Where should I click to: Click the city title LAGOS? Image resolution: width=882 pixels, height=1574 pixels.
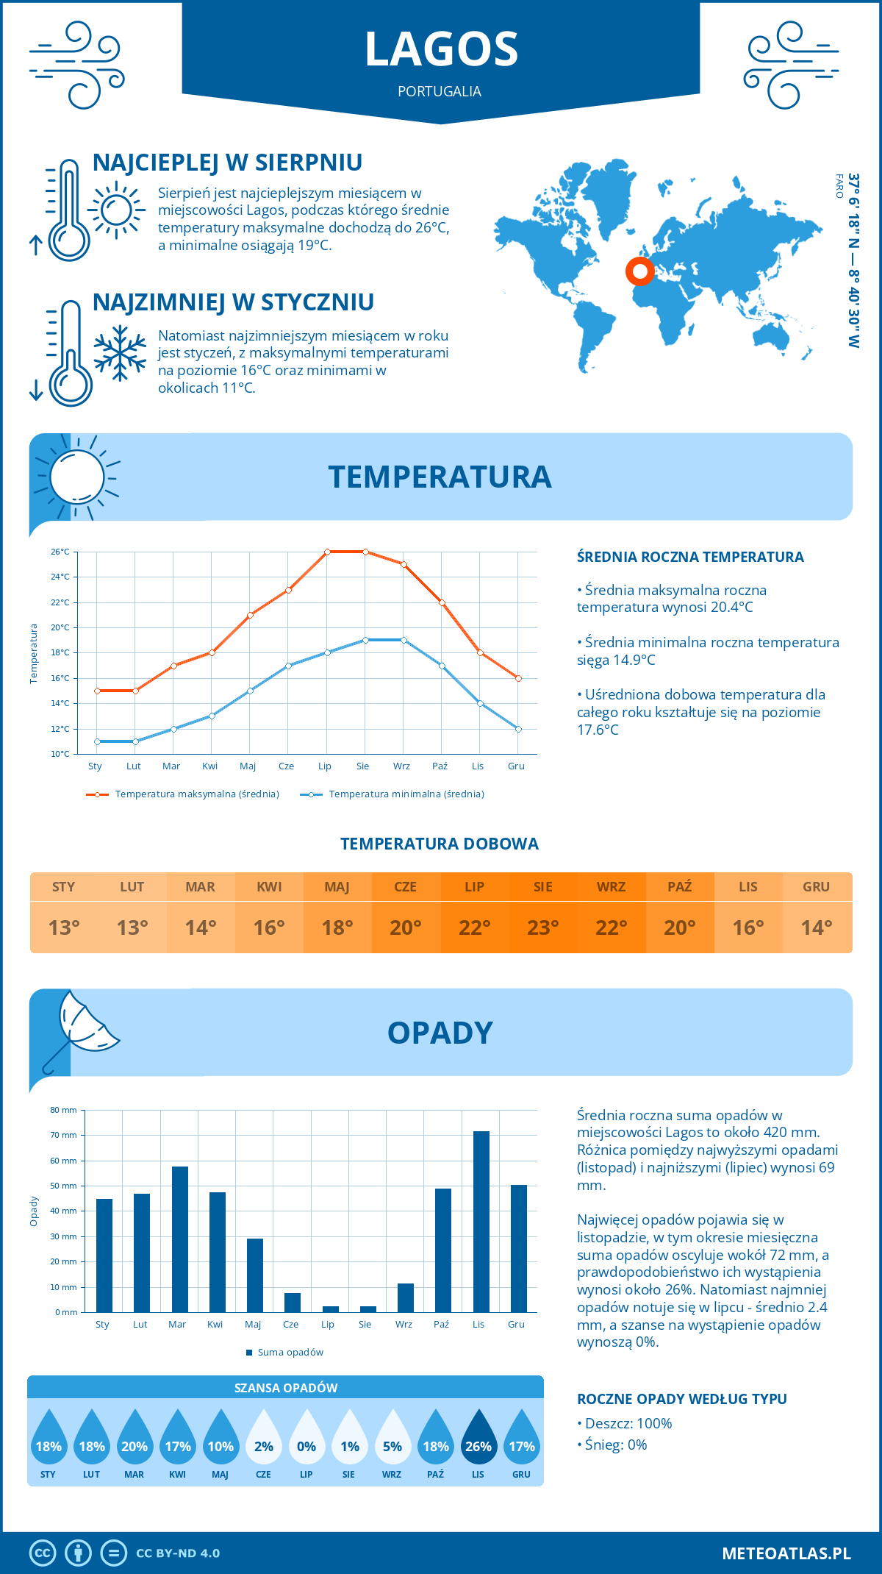[441, 49]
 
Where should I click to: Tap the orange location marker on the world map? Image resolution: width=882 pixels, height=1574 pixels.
[640, 271]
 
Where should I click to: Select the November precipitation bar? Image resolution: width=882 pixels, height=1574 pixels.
[481, 1222]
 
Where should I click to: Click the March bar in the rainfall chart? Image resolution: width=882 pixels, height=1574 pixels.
[179, 1239]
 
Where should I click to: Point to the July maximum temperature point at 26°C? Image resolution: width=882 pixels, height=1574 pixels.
[327, 552]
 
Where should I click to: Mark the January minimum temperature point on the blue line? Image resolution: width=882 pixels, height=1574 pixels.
[97, 741]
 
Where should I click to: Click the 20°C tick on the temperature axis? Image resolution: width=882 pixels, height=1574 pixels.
[60, 627]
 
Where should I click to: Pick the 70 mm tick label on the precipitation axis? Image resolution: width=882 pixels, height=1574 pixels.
[63, 1135]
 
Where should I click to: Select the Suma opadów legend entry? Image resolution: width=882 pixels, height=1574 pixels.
[290, 1353]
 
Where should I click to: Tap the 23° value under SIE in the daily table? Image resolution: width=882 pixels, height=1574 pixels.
[542, 927]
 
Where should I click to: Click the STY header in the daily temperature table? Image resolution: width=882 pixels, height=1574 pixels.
[64, 887]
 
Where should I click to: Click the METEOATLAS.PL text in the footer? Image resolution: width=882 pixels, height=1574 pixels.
[786, 1553]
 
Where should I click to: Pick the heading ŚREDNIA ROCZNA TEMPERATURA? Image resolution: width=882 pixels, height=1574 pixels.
[690, 558]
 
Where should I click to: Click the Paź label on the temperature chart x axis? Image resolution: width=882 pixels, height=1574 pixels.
[440, 766]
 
